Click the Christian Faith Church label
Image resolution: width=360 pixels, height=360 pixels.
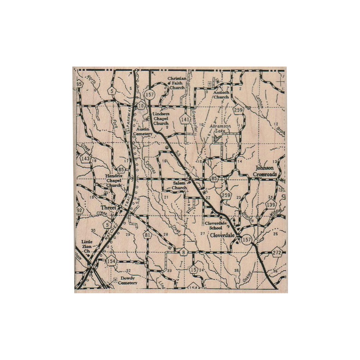[x=177, y=83]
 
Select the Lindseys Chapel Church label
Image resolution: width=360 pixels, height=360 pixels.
[x=161, y=119]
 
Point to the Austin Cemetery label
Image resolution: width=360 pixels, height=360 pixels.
[x=142, y=131]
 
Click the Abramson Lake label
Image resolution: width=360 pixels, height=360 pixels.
[x=220, y=129]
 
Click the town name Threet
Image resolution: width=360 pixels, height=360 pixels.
[x=109, y=207]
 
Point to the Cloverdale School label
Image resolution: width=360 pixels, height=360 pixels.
[x=215, y=225]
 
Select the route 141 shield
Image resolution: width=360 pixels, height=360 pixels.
[x=185, y=119]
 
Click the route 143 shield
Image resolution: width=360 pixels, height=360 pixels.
[x=85, y=159]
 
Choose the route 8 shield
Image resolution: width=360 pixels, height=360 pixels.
[x=183, y=252]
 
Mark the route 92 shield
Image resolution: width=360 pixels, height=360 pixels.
[x=79, y=211]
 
